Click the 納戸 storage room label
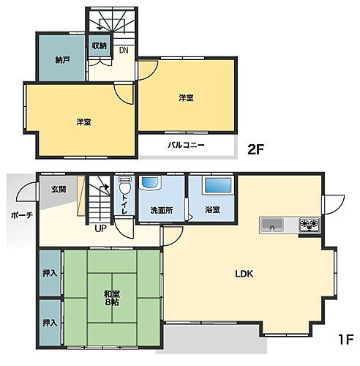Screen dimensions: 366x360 point(62,59)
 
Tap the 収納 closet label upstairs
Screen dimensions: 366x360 point(100,46)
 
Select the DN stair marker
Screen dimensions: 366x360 point(124,51)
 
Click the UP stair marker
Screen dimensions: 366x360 point(100,228)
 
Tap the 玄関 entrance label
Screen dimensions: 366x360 point(59,190)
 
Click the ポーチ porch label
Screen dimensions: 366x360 point(21,215)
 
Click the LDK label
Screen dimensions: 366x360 point(244,274)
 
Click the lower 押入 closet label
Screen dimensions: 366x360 point(50,322)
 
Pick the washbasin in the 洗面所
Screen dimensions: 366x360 point(150,184)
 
